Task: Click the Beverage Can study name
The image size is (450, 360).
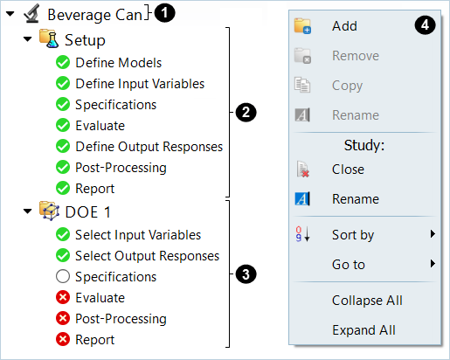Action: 94,15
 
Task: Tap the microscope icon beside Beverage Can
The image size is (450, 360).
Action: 31,13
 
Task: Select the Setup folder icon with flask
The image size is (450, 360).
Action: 49,38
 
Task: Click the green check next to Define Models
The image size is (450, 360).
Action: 63,62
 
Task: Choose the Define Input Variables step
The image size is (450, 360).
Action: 140,84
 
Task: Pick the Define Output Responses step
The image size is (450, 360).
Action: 149,147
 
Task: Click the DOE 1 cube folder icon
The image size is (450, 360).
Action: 49,211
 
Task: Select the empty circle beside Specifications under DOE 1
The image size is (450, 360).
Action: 63,276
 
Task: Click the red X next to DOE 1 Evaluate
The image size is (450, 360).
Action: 63,297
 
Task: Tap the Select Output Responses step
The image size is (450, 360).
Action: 147,256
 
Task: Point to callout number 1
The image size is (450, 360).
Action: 164,13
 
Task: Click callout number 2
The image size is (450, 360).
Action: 246,113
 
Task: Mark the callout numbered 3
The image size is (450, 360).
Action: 246,274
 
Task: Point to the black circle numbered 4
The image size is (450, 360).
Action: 426,25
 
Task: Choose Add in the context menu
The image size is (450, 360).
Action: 344,26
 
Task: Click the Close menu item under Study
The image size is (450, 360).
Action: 348,170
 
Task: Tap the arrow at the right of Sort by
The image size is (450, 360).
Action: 433,234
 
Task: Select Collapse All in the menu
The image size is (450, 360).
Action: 367,301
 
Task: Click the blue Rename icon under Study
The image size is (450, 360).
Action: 302,199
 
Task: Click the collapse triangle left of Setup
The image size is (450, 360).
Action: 27,39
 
